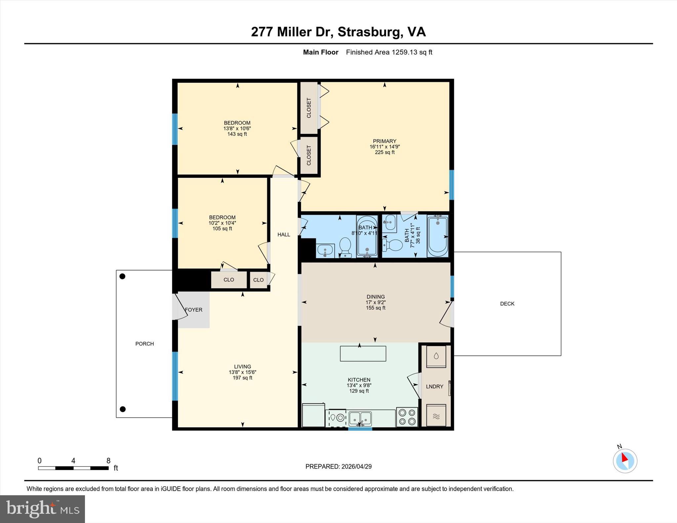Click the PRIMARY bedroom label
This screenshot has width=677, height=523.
point(384,141)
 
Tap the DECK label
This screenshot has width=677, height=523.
point(507,304)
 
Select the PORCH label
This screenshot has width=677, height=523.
point(144,344)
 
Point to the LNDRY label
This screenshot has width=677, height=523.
point(434,386)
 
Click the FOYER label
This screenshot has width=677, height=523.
point(194,310)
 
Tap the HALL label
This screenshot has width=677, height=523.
point(284,235)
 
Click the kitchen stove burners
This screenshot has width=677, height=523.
point(407,417)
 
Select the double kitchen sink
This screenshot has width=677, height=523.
point(360,418)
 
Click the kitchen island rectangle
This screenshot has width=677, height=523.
point(363,354)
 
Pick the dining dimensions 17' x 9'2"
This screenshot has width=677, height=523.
point(376,302)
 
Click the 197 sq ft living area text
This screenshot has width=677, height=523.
point(242,378)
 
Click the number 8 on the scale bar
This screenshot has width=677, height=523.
point(108,461)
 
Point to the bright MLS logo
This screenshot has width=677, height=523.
point(42,509)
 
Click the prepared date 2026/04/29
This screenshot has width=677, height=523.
point(356,467)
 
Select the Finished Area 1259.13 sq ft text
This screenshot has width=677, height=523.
point(389,52)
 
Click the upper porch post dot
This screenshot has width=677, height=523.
point(122,276)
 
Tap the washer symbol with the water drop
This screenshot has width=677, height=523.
point(436,356)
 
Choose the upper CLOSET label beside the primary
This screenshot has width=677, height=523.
point(309,108)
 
